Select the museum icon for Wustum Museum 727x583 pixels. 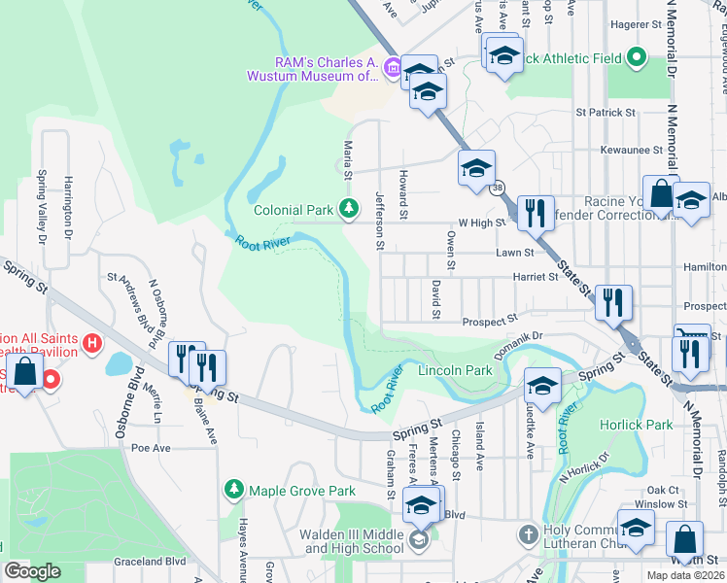[392, 67]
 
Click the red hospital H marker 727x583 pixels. [92, 343]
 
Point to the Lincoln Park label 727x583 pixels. [454, 371]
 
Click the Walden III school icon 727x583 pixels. [418, 540]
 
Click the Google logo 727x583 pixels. [32, 570]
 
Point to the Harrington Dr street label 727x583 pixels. [69, 199]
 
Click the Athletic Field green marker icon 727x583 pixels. [637, 58]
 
